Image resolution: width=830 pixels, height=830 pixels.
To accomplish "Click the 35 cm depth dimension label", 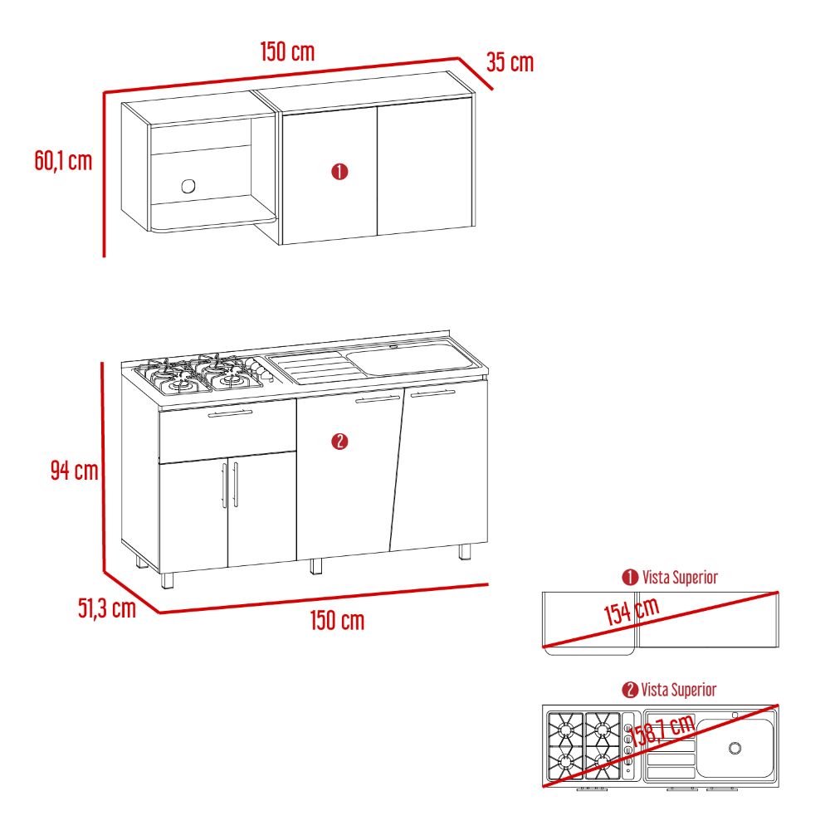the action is pyautogui.click(x=510, y=62).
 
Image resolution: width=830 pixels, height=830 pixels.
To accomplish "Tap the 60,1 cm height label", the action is pyautogui.click(x=64, y=160).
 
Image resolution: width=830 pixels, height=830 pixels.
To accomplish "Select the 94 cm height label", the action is pyautogui.click(x=75, y=470).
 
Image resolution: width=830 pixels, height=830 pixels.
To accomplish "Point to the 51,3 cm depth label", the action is pyautogui.click(x=107, y=608).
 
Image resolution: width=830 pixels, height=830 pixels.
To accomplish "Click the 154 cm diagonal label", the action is pyautogui.click(x=632, y=612).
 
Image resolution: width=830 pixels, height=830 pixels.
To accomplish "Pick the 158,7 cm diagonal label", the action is pyautogui.click(x=662, y=730).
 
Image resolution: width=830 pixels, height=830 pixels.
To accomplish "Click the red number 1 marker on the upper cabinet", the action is pyautogui.click(x=339, y=172).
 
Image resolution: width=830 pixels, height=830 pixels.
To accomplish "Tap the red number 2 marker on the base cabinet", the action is pyautogui.click(x=339, y=442).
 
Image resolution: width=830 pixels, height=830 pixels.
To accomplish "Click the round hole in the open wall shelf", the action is pyautogui.click(x=188, y=186).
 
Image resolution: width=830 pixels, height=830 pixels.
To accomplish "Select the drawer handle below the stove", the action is pyautogui.click(x=230, y=413).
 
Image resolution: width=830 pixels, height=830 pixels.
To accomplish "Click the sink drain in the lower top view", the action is pyautogui.click(x=735, y=748).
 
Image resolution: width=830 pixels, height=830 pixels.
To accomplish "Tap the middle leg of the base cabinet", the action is pyautogui.click(x=316, y=566).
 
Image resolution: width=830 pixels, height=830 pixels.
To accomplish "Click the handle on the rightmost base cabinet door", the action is pyautogui.click(x=432, y=393).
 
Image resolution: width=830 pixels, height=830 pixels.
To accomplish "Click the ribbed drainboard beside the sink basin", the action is pyautogui.click(x=316, y=367).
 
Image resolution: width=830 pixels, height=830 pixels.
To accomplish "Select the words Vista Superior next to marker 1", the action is pyautogui.click(x=680, y=577).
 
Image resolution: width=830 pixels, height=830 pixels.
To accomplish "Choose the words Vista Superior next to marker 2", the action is pyautogui.click(x=679, y=690).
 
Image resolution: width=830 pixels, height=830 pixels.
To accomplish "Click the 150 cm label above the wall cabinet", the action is pyautogui.click(x=287, y=51).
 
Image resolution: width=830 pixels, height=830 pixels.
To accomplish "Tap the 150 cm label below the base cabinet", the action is pyautogui.click(x=337, y=620).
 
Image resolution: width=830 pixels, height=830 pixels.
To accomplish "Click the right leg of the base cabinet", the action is pyautogui.click(x=464, y=552).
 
